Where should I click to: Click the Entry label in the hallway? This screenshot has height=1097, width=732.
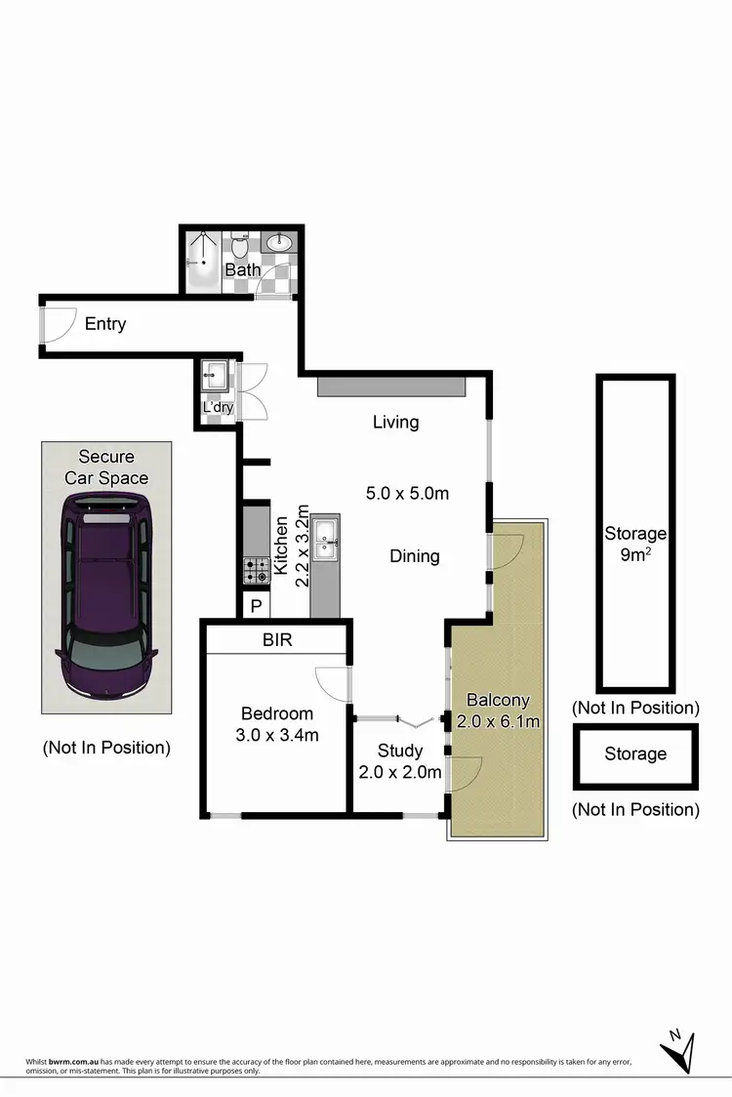[x=104, y=323]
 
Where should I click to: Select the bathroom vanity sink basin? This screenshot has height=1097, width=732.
[x=280, y=243]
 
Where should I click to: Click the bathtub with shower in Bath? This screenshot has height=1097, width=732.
[x=204, y=261]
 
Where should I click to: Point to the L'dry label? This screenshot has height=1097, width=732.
[x=218, y=407]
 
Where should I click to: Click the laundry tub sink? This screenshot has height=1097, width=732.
[x=216, y=376]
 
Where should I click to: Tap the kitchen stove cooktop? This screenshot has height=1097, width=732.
[x=256, y=569]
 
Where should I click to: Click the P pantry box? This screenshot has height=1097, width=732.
[x=257, y=605]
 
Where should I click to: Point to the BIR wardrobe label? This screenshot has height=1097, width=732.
[x=276, y=640]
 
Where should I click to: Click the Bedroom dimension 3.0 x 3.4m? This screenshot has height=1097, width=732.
[x=277, y=735]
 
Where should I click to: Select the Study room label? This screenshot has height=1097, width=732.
[x=400, y=751]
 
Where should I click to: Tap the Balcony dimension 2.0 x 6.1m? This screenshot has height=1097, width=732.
[x=498, y=721]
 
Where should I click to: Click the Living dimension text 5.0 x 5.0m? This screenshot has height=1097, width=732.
[x=407, y=493]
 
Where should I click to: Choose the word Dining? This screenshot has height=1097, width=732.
[x=415, y=555]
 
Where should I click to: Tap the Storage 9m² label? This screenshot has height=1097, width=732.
[x=635, y=544]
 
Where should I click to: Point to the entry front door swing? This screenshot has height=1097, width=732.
[x=57, y=324]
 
